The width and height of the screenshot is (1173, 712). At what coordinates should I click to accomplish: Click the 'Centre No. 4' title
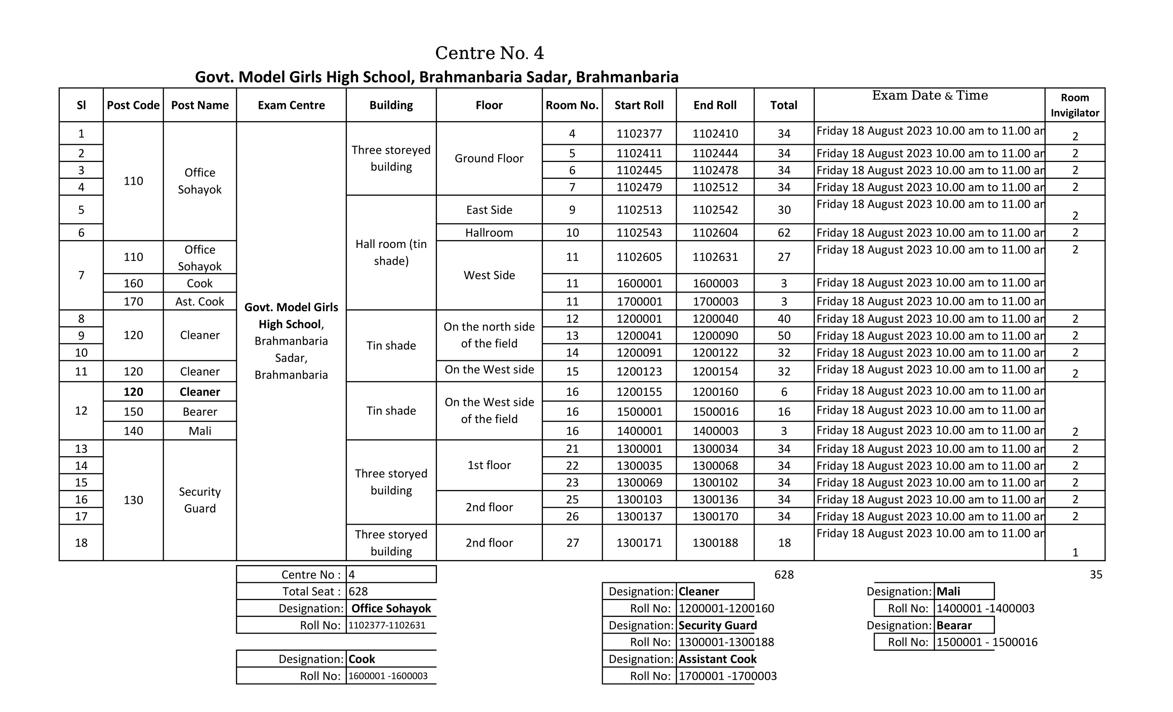489,53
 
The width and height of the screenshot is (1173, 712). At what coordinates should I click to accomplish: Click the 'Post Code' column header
133,105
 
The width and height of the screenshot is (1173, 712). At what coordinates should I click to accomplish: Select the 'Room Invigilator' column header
1075,105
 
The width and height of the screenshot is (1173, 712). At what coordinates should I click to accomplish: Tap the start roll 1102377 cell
639,134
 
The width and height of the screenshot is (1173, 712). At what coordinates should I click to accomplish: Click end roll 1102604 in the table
715,233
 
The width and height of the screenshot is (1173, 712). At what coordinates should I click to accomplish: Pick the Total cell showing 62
783,233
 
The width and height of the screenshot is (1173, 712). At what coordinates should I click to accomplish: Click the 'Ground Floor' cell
489,158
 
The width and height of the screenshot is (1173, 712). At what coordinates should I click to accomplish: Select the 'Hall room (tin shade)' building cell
391,252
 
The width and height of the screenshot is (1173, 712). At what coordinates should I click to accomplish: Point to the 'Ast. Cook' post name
199,302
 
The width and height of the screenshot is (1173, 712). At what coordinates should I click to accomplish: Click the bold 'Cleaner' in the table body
199,392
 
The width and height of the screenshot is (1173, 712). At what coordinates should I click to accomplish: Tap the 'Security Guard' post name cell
199,500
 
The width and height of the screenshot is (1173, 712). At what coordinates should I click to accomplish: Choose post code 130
133,500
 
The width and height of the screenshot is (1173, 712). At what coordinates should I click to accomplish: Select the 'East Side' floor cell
489,210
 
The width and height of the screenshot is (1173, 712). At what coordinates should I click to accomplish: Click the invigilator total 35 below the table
1096,575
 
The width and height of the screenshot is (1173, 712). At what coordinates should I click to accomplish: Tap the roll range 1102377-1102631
387,625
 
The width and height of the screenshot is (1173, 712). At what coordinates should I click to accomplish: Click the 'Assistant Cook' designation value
717,659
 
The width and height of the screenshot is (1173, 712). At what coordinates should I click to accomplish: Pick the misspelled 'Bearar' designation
954,625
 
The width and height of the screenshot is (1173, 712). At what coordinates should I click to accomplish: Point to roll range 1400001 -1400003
985,608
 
